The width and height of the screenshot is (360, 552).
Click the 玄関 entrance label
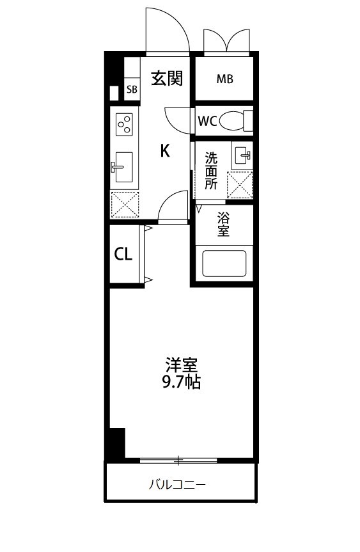click(167, 79)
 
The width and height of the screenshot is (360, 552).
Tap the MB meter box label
click(224, 79)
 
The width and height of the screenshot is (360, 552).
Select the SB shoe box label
click(131, 90)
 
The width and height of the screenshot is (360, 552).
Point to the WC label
click(207, 122)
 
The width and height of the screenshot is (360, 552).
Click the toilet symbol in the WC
click(239, 121)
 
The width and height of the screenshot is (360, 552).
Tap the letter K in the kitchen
click(164, 151)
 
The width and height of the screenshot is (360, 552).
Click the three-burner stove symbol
click(124, 123)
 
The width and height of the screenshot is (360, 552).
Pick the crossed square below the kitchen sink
click(124, 205)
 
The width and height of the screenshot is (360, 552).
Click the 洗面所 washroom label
click(211, 170)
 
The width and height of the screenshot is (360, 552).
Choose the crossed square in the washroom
click(240, 185)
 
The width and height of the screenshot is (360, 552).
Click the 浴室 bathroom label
click(223, 224)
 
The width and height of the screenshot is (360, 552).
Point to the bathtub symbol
click(224, 263)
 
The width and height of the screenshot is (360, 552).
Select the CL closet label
click(123, 254)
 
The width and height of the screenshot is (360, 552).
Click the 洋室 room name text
click(182, 366)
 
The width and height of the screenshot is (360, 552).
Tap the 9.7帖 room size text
click(182, 382)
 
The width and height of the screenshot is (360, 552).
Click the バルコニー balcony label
click(178, 484)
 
